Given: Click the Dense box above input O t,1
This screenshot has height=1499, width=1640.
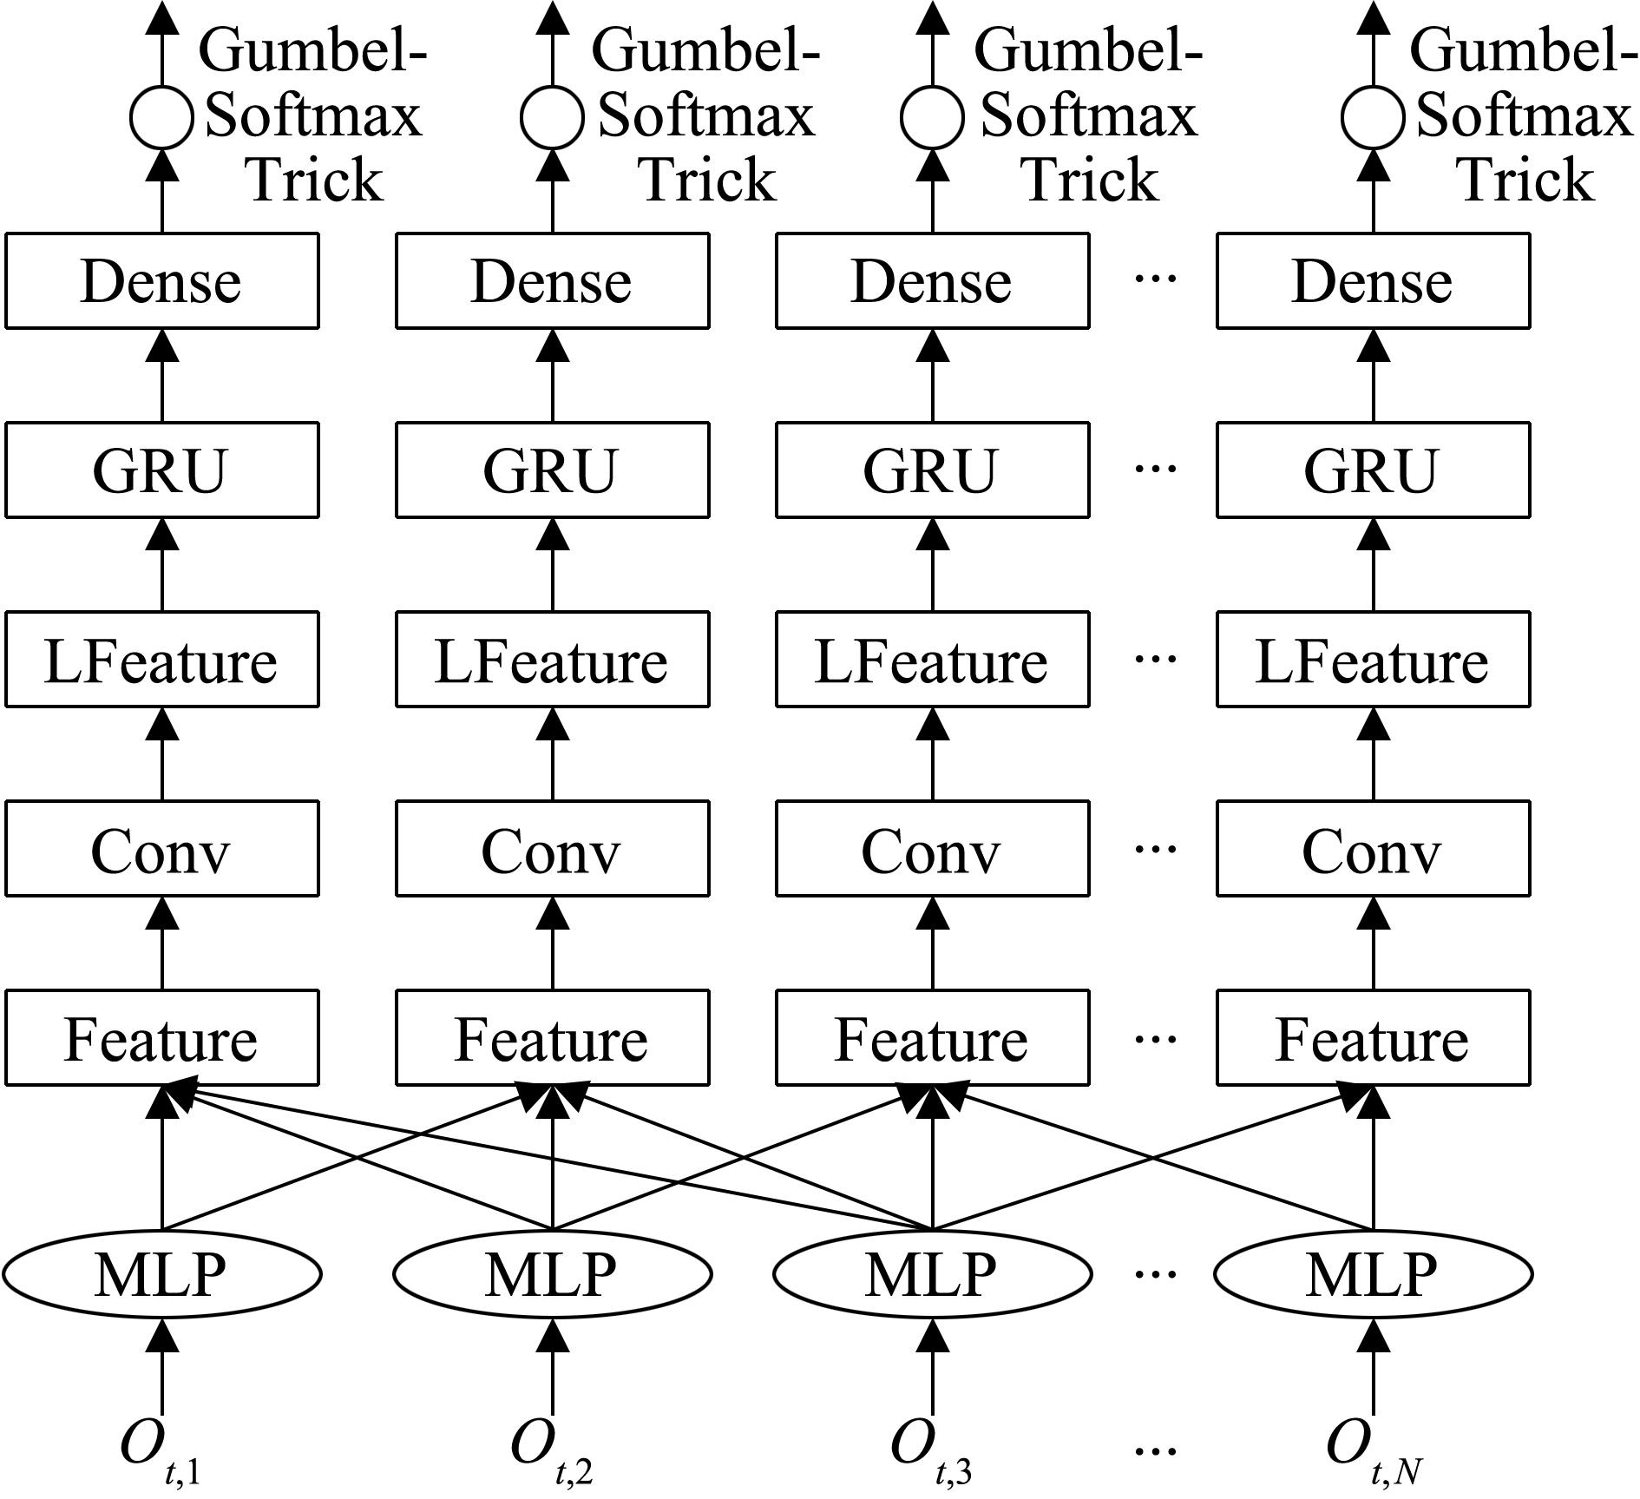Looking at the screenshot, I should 161,280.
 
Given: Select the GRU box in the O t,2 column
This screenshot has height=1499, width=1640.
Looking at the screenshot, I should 552,470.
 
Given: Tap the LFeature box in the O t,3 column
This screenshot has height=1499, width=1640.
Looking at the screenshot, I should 932,659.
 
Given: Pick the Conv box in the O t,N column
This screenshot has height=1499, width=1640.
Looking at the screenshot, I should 1373,848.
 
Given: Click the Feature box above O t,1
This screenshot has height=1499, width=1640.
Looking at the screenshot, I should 161,1038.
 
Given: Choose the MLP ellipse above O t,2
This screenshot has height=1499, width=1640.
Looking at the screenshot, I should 552,1273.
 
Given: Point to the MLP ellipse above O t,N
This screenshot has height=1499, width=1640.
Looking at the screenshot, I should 1373,1273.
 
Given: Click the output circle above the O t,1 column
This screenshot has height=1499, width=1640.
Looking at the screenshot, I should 161,117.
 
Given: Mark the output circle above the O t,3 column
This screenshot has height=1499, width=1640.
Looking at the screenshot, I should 932,117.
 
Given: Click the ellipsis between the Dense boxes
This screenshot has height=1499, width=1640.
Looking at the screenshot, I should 1156,279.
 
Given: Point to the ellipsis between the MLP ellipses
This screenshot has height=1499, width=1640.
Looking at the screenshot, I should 1156,1273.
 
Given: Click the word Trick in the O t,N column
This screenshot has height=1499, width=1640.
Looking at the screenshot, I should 1527,180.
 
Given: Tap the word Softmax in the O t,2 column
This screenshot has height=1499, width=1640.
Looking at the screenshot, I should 706,115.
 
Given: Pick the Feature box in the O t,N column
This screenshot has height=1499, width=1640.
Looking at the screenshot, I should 1373,1038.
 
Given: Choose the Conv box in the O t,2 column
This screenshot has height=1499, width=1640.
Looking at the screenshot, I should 552,848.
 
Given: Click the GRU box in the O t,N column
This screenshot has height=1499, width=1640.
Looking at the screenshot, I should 1373,470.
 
